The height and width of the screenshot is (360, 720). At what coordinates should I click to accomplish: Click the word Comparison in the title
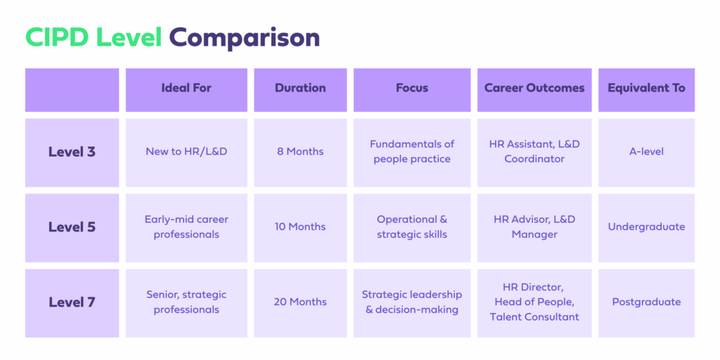point(244,38)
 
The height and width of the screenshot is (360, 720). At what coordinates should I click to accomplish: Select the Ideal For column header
point(186,88)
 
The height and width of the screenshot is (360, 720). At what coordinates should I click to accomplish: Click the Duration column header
point(300,88)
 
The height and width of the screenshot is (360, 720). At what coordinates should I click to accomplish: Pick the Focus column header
point(412,88)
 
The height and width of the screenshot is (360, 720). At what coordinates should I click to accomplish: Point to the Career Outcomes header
point(534,88)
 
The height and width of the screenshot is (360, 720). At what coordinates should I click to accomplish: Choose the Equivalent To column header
point(647,88)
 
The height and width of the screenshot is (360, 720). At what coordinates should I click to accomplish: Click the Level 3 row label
point(72,153)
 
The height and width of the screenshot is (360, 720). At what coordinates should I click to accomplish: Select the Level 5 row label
point(72,227)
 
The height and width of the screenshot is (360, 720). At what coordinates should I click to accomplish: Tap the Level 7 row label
point(72,302)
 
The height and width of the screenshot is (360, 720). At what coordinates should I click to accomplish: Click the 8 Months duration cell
point(300,153)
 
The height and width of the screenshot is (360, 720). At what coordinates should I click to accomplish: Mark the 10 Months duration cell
point(300,227)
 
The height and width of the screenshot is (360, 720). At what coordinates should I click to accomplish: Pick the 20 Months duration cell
point(300,302)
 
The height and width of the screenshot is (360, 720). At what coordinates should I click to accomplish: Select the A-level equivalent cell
point(647,153)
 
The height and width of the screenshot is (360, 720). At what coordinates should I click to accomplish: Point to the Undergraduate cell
point(647,227)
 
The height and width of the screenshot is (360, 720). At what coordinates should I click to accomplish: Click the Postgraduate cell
point(647,302)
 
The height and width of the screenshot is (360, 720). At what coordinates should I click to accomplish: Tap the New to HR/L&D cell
point(186,153)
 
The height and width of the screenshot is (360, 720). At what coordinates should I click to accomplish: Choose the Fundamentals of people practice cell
point(412,153)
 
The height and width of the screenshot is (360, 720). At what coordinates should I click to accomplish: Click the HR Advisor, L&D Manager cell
point(534,227)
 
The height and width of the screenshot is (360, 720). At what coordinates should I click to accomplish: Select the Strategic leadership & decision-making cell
point(412,302)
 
